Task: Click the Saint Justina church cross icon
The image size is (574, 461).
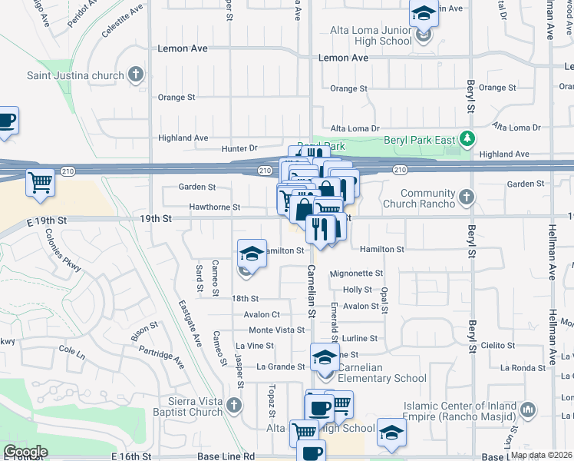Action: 137,75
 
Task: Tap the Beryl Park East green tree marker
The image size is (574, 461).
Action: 466,139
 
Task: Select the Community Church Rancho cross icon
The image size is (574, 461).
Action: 466,198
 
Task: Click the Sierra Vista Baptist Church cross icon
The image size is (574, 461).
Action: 235,405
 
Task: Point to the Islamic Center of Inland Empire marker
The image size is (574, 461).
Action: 528,410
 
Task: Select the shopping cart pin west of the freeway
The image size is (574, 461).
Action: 40,183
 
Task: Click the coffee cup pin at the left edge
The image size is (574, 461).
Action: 6,121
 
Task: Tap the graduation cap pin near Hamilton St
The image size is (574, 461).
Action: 251,253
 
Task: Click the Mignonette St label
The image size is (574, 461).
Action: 356,274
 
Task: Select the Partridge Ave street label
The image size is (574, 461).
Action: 162,357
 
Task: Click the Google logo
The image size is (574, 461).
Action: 25,452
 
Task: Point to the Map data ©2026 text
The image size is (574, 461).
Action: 542,455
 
